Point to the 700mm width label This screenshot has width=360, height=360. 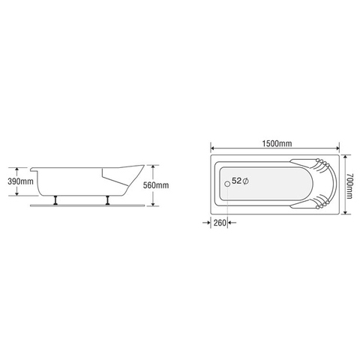click(x=349, y=184)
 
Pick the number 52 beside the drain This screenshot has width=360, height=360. click(x=236, y=181)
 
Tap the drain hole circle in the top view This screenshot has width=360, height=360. click(x=228, y=181)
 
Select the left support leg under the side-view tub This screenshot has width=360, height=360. click(x=57, y=200)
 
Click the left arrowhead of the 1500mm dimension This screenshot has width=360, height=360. click(x=212, y=147)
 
